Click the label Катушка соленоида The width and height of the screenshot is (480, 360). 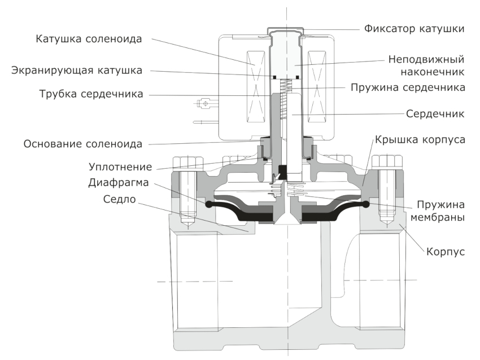[x=88, y=39]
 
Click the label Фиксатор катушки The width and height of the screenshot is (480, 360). [x=411, y=29]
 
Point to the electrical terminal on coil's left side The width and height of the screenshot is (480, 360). [x=204, y=104]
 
